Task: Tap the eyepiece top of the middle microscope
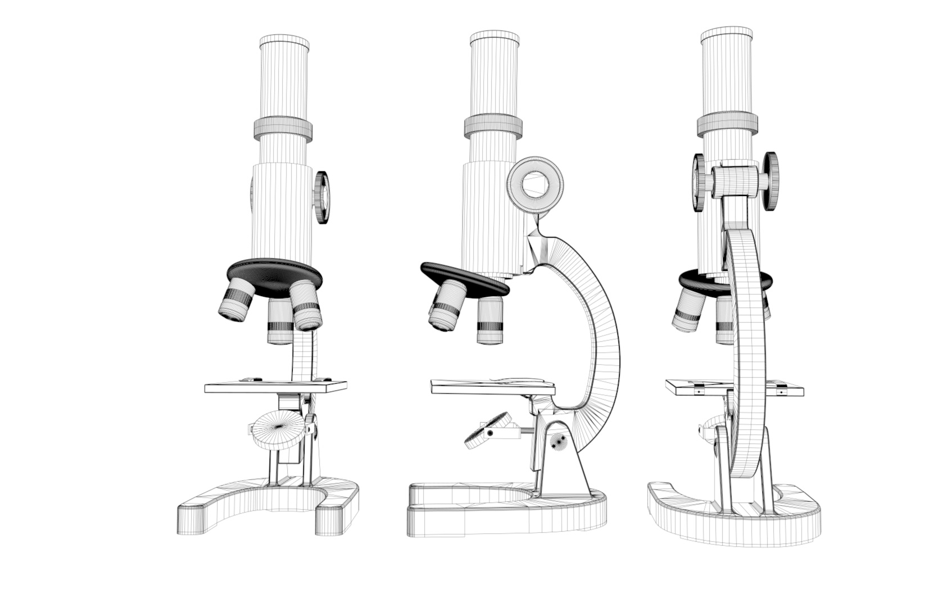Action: tap(494, 38)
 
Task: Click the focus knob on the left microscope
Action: tap(322, 198)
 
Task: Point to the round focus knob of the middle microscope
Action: tap(534, 184)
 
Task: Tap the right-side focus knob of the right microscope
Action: tap(770, 181)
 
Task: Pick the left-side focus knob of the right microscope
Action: tap(698, 183)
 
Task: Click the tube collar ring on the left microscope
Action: tap(283, 129)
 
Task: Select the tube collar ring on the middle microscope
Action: tap(493, 126)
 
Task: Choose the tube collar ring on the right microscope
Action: tap(727, 124)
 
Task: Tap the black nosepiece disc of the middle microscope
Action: tap(464, 277)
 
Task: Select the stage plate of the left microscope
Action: tap(275, 387)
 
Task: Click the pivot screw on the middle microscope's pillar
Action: tap(558, 442)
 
